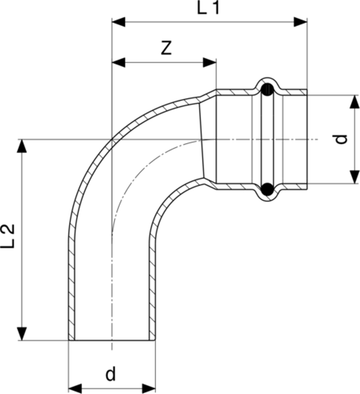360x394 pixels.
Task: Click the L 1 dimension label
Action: tap(208, 8)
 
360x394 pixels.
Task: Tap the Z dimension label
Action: tap(166, 48)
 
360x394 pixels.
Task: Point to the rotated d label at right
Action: tap(342, 139)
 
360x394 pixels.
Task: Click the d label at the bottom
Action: tap(110, 374)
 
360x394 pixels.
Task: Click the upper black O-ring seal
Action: tap(267, 89)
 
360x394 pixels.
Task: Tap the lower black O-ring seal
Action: tap(267, 190)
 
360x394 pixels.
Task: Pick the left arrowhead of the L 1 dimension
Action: tap(118, 22)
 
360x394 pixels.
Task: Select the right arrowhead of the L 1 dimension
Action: tap(300, 22)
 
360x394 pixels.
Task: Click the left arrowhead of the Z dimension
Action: tap(118, 63)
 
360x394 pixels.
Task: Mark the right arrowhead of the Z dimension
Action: tap(209, 63)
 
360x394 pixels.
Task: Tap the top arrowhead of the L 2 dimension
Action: tap(22, 146)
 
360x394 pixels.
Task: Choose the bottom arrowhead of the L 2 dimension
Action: tap(22, 334)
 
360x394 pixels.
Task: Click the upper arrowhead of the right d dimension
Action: tap(355, 102)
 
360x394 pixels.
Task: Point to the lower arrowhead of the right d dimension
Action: tap(355, 177)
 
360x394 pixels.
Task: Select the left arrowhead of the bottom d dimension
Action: tap(75, 389)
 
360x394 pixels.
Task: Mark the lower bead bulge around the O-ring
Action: tap(267, 194)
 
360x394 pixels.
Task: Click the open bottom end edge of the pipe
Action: tap(112, 340)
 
